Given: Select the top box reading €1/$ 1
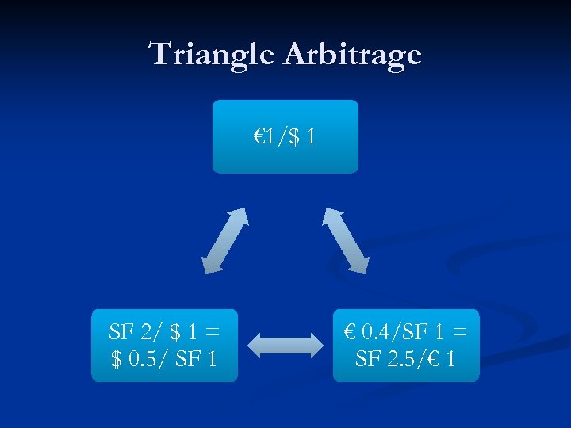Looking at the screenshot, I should click(x=285, y=136).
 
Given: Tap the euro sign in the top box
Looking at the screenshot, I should click(x=259, y=136).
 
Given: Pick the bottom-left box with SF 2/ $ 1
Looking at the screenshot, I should click(x=164, y=346).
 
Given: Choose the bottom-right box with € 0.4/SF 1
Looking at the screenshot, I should click(x=405, y=346).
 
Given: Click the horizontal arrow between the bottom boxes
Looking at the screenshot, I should click(x=285, y=346).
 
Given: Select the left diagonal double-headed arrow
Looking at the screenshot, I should click(x=225, y=241).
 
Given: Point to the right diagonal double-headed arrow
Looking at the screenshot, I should click(x=345, y=241).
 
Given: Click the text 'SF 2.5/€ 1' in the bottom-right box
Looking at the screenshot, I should click(x=405, y=359).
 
